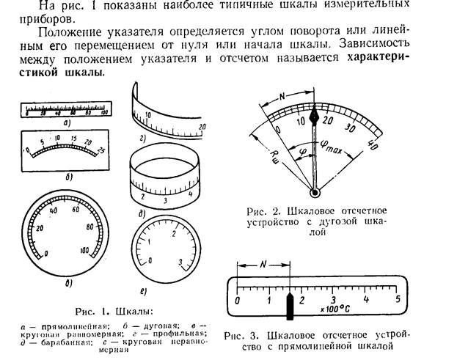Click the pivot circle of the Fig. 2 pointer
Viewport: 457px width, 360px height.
(315, 193)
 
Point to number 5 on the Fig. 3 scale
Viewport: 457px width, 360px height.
(397, 300)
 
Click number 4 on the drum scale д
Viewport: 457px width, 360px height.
(190, 194)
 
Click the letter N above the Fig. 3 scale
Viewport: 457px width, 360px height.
(263, 269)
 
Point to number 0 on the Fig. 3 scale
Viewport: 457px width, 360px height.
(238, 300)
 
